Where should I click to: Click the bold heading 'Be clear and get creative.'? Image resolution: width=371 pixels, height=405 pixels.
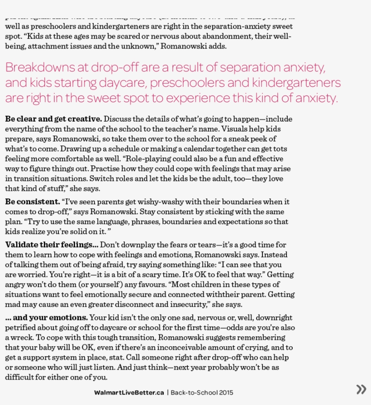53,119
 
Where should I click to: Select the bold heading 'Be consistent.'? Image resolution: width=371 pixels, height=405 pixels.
33,202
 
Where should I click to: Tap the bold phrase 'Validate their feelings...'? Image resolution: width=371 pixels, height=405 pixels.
52,245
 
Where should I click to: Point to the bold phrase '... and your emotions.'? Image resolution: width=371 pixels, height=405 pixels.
47,318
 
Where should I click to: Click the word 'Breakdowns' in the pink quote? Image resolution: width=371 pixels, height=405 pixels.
40,68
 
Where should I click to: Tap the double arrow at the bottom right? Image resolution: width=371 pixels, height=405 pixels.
361,389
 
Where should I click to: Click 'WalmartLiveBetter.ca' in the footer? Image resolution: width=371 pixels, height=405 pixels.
129,392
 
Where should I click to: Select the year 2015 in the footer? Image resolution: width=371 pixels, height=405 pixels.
226,392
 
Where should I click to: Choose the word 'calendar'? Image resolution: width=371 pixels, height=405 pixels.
195,149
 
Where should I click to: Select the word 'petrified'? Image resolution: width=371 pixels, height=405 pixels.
20,328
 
